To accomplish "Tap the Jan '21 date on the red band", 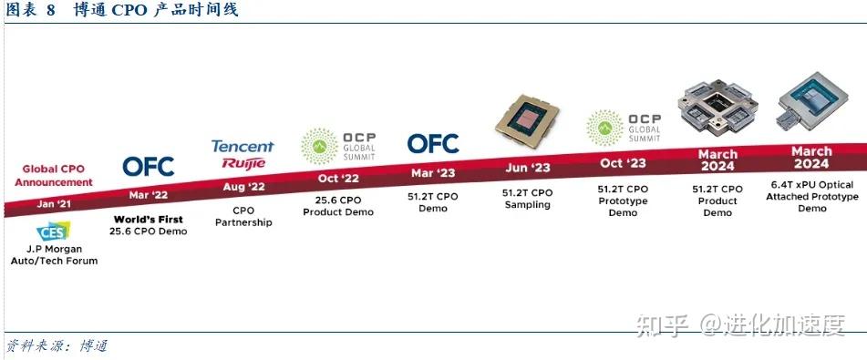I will (x=53, y=203).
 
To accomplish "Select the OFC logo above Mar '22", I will (x=148, y=167).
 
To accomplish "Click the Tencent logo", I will (x=243, y=146).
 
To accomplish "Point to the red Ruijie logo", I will (x=243, y=163).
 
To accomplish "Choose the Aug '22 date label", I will (x=241, y=186).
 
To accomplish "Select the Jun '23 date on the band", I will (x=526, y=167).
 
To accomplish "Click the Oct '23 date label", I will (x=624, y=162).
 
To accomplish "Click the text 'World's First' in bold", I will (x=148, y=219).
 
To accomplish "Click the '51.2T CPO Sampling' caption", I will (x=527, y=199).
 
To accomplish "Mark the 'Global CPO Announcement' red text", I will (x=53, y=175).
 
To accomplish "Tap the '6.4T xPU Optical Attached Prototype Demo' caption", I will (x=811, y=196).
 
